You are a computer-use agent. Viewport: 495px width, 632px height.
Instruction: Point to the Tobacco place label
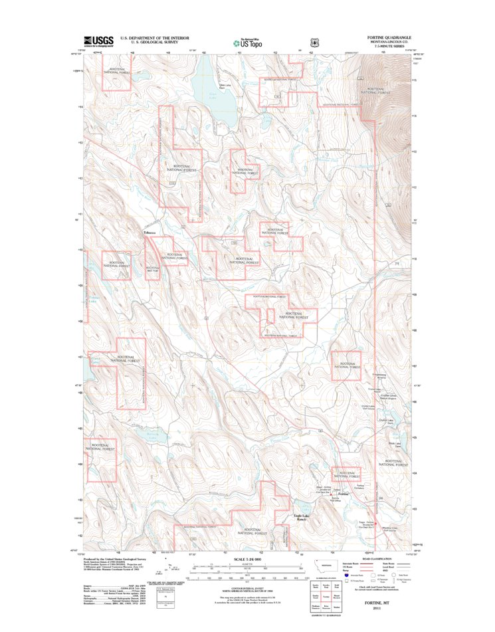(x=149, y=232)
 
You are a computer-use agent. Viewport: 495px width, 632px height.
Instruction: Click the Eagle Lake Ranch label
(x=302, y=516)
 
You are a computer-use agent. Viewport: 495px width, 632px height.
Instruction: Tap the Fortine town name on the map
(x=343, y=495)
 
